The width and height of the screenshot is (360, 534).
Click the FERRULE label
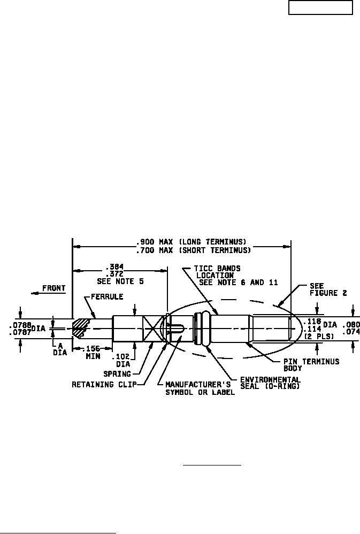(107, 296)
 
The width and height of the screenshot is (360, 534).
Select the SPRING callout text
(117, 374)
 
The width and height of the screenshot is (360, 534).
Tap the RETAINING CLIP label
(104, 385)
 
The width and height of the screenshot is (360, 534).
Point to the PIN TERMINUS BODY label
(311, 365)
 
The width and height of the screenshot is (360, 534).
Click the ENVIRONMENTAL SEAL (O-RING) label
(271, 383)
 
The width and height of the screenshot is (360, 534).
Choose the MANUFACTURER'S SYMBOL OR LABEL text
(200, 388)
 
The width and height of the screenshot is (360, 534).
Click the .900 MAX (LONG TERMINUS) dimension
(191, 242)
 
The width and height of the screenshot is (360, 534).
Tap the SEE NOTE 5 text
(120, 281)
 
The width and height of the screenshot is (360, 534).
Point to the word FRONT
(53, 288)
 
